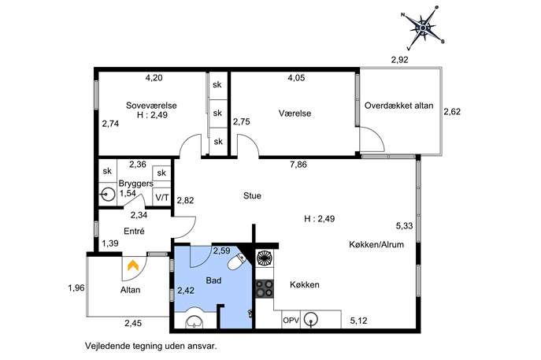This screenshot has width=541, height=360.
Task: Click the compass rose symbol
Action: [x=423, y=28]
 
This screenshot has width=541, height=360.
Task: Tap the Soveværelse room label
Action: [x=151, y=106]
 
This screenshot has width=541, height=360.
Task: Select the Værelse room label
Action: [x=295, y=113]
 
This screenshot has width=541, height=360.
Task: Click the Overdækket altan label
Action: [x=398, y=106]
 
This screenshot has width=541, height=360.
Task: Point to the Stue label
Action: [x=252, y=195]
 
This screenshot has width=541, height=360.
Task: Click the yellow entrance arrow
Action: [x=133, y=265]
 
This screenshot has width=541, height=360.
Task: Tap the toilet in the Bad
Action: [x=237, y=262]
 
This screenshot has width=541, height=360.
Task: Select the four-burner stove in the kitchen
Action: [x=265, y=289]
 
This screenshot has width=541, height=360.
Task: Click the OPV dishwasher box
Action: [x=291, y=321]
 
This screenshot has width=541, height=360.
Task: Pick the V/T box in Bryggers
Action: [x=161, y=198]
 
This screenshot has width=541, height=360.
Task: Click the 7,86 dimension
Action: [x=298, y=165]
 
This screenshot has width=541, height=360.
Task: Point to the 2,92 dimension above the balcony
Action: [x=399, y=60]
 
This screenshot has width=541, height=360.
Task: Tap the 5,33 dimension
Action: [x=404, y=226]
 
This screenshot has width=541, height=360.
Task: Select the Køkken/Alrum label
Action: [x=376, y=244]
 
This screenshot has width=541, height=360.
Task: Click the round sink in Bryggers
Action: [x=108, y=195]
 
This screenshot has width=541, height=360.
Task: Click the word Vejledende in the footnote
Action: [x=107, y=346]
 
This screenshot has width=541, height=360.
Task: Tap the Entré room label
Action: [x=134, y=231]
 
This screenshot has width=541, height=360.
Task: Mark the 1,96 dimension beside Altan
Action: [x=76, y=288]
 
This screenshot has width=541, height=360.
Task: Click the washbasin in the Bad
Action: [x=195, y=322]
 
